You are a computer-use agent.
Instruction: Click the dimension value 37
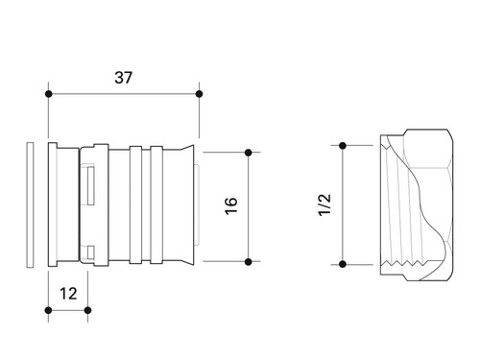(x=123, y=78)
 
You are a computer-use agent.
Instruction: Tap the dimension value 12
(x=68, y=294)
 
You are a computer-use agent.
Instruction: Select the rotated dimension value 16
(x=231, y=205)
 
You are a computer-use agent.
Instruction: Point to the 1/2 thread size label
(x=324, y=204)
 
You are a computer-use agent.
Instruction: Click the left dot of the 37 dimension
(x=49, y=94)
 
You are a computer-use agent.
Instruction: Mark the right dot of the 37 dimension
(x=199, y=94)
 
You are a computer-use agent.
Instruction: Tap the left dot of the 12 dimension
(x=49, y=310)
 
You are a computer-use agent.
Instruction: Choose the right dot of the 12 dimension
(x=87, y=310)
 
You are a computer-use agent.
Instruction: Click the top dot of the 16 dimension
(x=248, y=153)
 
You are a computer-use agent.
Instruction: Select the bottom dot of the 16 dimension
(x=248, y=262)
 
